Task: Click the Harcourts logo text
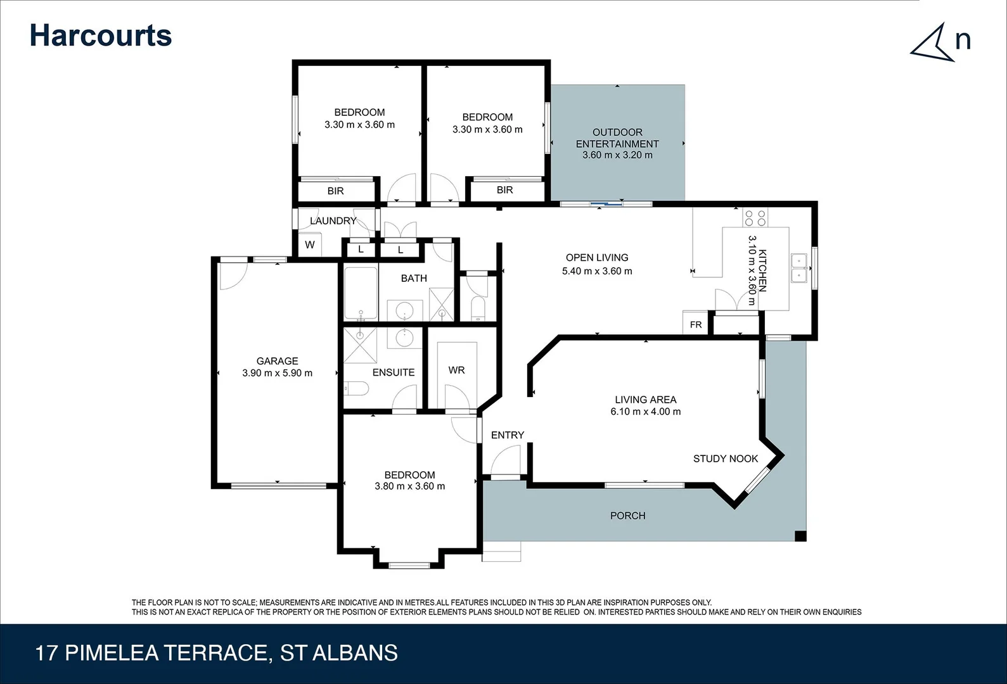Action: pyautogui.click(x=100, y=35)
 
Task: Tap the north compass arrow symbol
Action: pyautogui.click(x=933, y=43)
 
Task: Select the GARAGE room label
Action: pyautogui.click(x=277, y=361)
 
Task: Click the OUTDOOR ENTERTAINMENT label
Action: pyautogui.click(x=617, y=138)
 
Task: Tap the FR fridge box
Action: pyautogui.click(x=696, y=324)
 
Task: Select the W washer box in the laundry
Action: pyautogui.click(x=310, y=244)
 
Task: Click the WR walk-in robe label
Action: pyautogui.click(x=456, y=370)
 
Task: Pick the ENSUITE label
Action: pyautogui.click(x=394, y=372)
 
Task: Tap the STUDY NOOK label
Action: pyautogui.click(x=725, y=459)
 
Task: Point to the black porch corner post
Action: pyautogui.click(x=800, y=536)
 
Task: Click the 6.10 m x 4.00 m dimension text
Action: pyautogui.click(x=645, y=412)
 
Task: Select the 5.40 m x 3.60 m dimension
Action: pyautogui.click(x=597, y=271)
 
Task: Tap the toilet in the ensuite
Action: pyautogui.click(x=356, y=388)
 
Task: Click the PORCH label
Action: pyautogui.click(x=627, y=516)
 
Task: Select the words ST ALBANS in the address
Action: pyautogui.click(x=339, y=653)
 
